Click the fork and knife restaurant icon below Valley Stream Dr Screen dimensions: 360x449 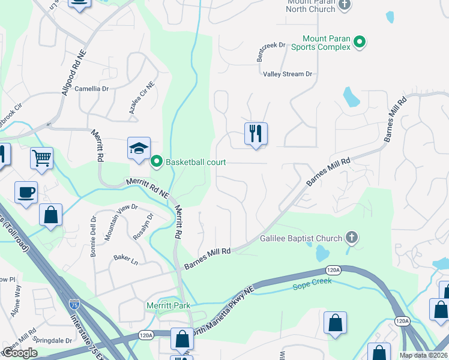coord(256,134)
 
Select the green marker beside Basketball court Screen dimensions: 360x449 coord(157,161)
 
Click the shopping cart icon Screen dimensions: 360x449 coord(41,158)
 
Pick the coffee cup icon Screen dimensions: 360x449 coord(26,193)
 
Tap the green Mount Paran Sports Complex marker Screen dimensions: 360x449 coord(360,41)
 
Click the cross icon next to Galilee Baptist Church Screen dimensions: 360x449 coord(352,238)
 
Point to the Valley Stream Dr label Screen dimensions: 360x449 coord(288,74)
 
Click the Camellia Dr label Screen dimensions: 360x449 coord(91,88)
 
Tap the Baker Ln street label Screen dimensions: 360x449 coord(125,259)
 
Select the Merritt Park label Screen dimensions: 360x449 coord(169,305)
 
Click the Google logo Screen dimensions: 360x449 coord(20,353)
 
